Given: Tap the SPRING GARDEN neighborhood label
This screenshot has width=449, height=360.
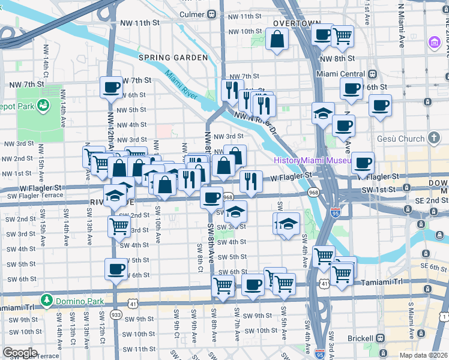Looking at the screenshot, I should click(x=173, y=58).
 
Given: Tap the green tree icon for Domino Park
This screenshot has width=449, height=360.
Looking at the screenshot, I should click(x=46, y=299).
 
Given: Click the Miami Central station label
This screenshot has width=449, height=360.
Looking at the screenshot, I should click(x=342, y=74).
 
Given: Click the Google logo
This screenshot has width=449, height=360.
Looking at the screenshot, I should click(x=20, y=353).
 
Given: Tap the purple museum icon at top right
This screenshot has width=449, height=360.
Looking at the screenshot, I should click(x=433, y=43).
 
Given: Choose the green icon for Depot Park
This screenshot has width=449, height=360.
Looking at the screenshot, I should click(x=43, y=106).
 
